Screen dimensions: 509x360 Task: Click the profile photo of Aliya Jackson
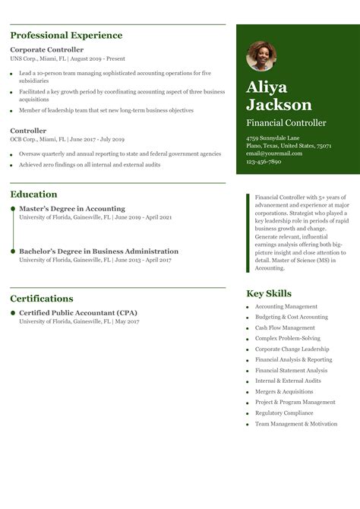(261, 56)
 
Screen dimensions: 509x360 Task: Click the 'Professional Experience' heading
(66, 36)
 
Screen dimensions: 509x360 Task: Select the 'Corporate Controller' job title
(47, 49)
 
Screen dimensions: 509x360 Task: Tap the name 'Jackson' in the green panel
(279, 105)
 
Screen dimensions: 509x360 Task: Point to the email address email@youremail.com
(274, 153)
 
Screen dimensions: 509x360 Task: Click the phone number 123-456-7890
(264, 161)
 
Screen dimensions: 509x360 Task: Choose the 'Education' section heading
(33, 194)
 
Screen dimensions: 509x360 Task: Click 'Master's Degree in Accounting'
(72, 209)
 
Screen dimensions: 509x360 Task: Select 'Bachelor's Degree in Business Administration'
(99, 251)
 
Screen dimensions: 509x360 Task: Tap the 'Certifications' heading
(42, 299)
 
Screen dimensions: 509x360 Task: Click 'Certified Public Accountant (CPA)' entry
(78, 313)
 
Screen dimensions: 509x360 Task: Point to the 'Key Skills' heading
(269, 294)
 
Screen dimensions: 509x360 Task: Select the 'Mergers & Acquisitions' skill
(284, 392)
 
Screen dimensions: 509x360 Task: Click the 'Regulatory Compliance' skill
(284, 413)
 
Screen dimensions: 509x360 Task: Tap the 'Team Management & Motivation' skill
(296, 424)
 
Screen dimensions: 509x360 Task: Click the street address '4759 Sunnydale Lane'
(273, 138)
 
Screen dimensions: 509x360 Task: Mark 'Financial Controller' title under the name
(286, 123)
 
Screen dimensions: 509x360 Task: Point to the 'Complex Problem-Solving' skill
(288, 339)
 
